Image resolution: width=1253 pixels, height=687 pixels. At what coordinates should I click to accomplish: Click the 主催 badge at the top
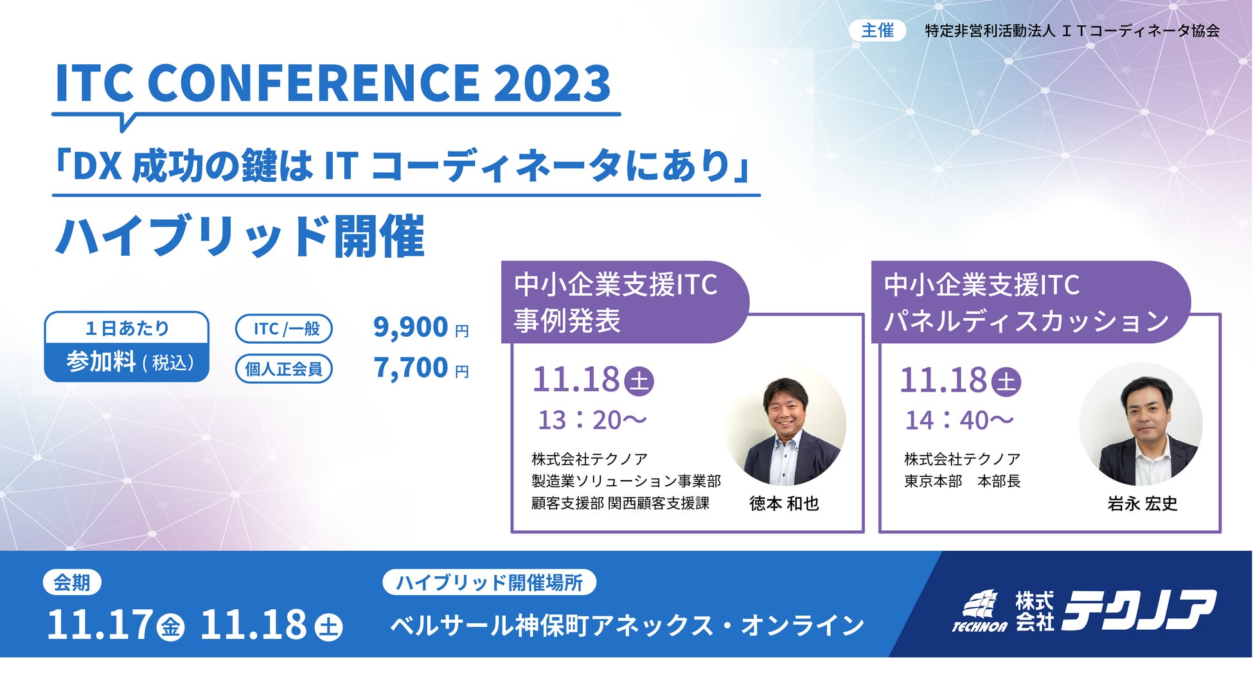pos(877,30)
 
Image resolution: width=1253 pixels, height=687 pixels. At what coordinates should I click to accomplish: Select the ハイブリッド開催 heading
pos(240,236)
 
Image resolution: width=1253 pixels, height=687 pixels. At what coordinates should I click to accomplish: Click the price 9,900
pos(411,327)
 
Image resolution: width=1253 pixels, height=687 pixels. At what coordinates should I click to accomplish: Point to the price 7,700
pos(411,368)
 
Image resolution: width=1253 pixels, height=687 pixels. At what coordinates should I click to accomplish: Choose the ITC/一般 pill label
pos(284,328)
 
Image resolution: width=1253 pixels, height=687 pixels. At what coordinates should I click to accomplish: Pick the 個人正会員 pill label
pos(284,369)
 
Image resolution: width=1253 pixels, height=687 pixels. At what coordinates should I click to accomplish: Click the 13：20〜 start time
pos(592,420)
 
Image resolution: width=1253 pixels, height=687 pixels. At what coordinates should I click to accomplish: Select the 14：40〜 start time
pos(959,420)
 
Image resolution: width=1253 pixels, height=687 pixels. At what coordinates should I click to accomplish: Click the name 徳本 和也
pos(784,503)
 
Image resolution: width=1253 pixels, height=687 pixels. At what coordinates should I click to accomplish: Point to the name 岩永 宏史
pos(1142,503)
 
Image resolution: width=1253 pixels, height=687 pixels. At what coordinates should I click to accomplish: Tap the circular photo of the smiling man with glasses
pos(786,425)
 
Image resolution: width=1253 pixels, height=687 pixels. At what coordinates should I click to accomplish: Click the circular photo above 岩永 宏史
pos(1141,425)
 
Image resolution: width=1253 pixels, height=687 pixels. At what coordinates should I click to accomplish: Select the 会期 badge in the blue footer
pos(72,582)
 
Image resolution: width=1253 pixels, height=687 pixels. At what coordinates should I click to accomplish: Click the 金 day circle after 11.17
pos(170,627)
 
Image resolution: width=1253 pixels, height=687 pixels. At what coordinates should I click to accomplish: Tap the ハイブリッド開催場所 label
pos(490,582)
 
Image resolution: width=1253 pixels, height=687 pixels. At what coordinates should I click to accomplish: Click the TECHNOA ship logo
pos(980,611)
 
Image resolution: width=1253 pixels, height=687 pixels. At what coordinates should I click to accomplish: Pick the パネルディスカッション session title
pos(1027,320)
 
